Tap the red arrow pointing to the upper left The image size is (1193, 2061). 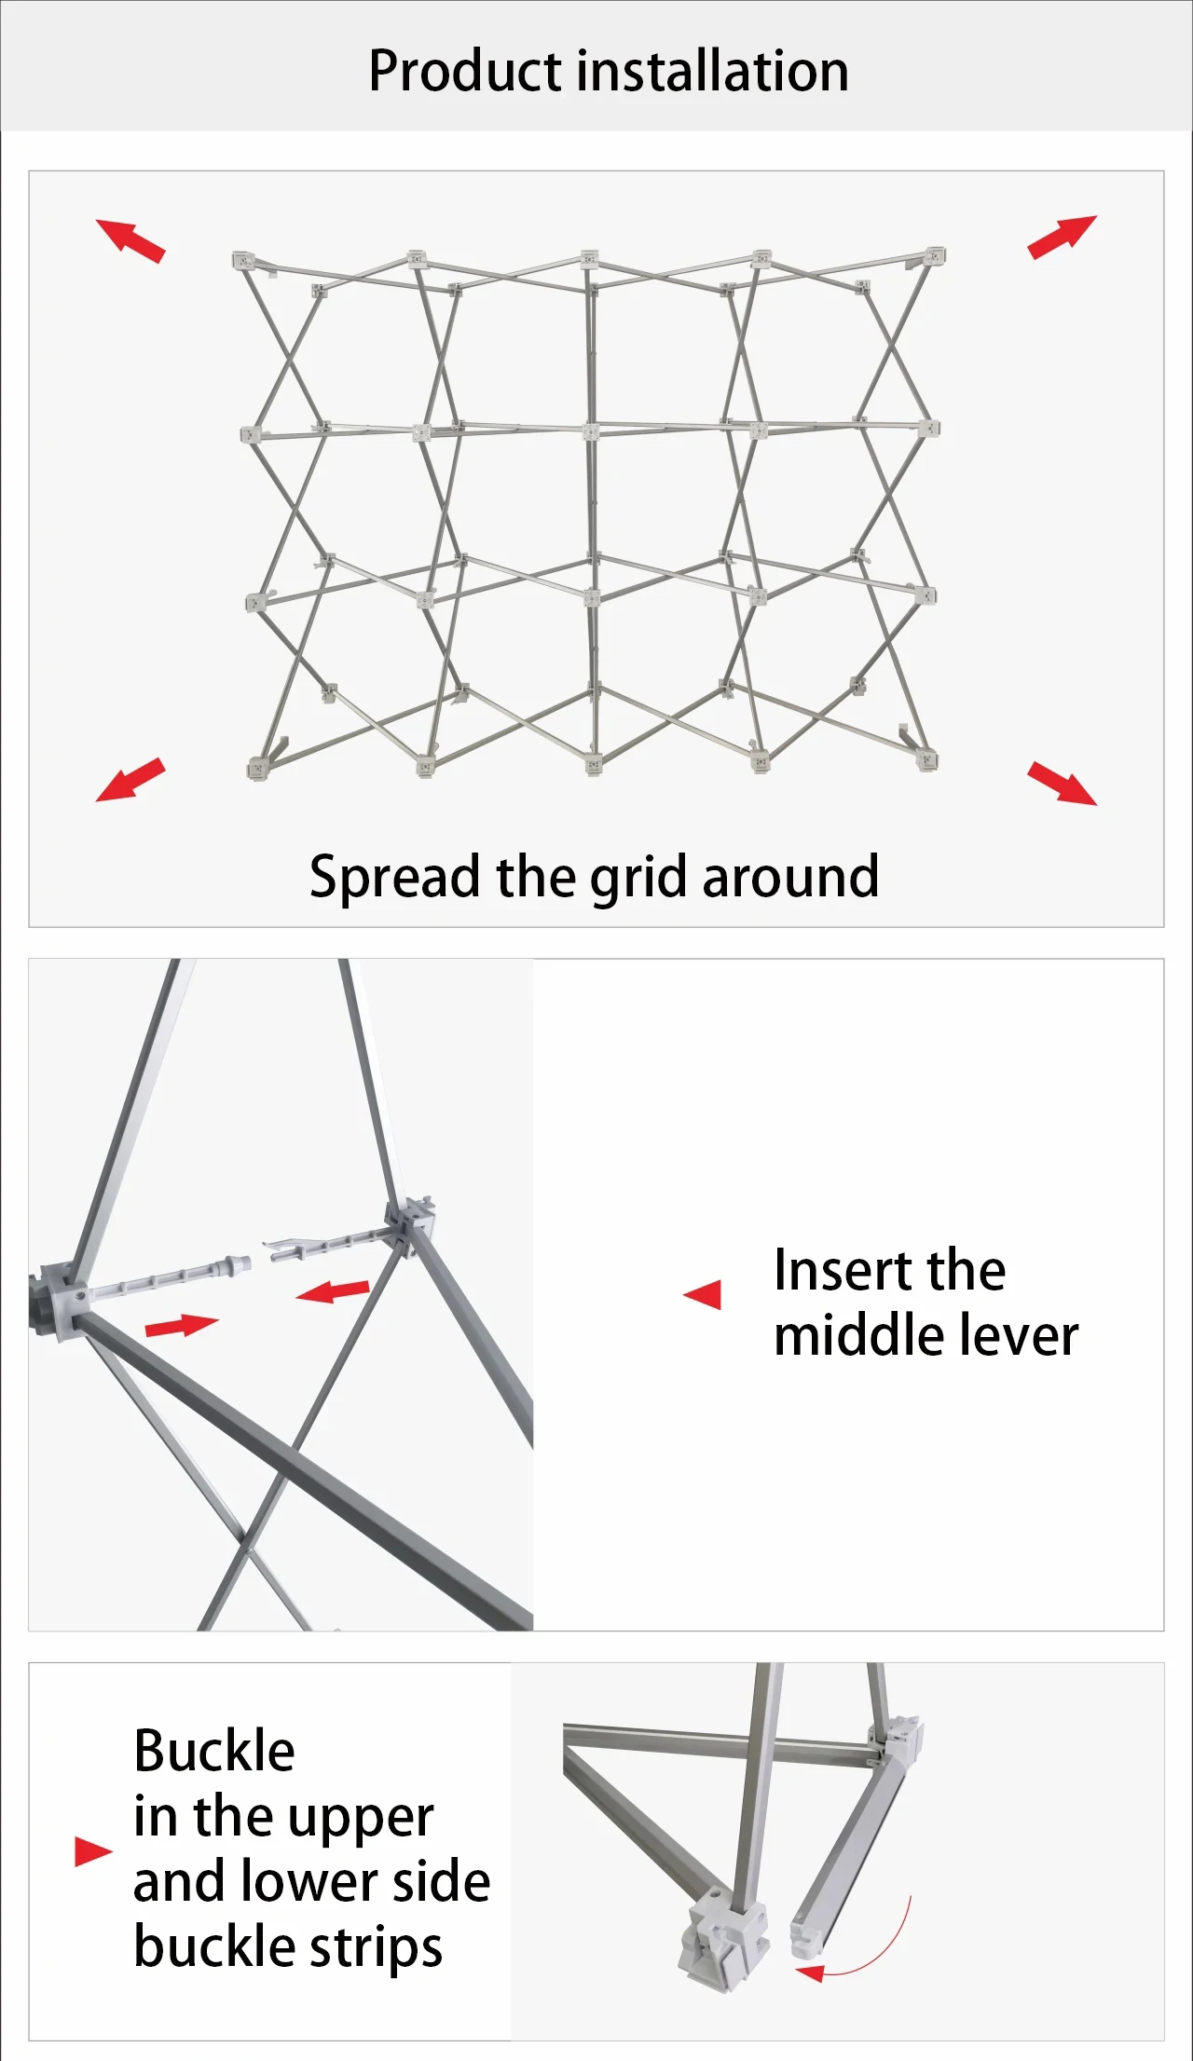click(130, 240)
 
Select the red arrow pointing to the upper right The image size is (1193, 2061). click(1063, 237)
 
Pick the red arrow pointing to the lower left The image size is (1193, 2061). click(130, 779)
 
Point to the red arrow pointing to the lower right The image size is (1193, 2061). click(1063, 783)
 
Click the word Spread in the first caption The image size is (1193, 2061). click(395, 878)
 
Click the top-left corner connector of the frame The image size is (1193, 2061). click(243, 260)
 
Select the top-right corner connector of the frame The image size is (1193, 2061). click(935, 255)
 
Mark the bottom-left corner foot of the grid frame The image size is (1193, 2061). click(257, 769)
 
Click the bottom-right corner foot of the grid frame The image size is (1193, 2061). click(927, 760)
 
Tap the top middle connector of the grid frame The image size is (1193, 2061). click(589, 259)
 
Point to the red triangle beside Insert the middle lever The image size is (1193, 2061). click(703, 1294)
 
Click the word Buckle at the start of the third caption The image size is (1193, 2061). click(214, 1751)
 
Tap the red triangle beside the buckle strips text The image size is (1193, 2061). click(93, 1851)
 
